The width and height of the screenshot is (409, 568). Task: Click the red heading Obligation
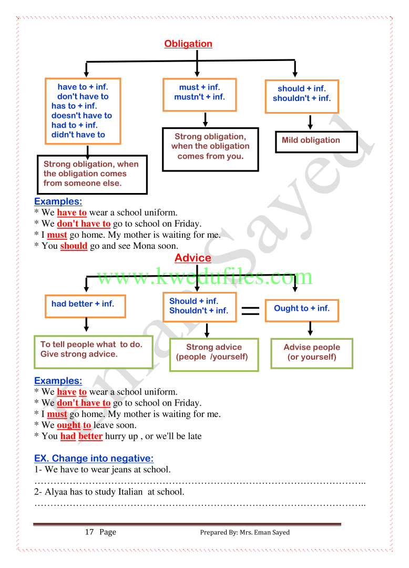click(x=188, y=44)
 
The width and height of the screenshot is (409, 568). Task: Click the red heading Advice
click(x=193, y=258)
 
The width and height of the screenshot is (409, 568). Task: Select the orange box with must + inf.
click(x=199, y=95)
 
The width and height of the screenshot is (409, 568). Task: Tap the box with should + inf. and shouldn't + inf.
click(x=302, y=96)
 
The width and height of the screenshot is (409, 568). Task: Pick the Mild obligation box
click(x=316, y=141)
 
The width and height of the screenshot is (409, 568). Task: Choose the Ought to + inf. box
click(x=302, y=310)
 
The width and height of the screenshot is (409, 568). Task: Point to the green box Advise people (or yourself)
click(x=312, y=353)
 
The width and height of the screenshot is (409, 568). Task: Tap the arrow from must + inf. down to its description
click(x=206, y=119)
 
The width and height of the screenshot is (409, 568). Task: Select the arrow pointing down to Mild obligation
click(x=310, y=122)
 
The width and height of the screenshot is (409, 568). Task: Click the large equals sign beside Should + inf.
click(x=251, y=311)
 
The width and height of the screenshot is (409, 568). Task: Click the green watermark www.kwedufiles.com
click(x=204, y=277)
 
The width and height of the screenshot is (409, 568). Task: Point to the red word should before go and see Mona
click(x=74, y=246)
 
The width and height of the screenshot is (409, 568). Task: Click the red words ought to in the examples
click(x=74, y=425)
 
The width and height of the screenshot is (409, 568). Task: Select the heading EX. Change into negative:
click(x=94, y=459)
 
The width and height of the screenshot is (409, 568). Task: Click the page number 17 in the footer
click(x=89, y=532)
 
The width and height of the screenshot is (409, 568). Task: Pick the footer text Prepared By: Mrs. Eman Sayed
click(x=244, y=532)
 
